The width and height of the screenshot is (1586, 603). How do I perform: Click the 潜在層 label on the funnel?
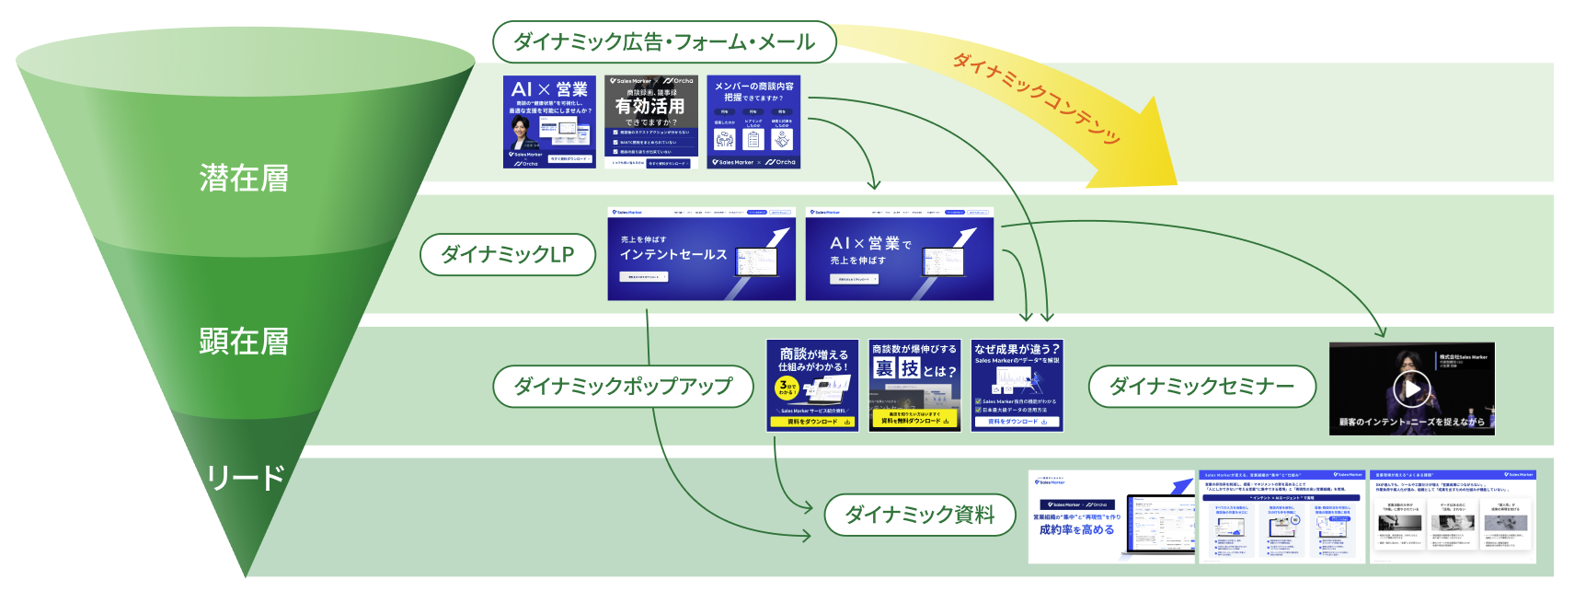pos(244,178)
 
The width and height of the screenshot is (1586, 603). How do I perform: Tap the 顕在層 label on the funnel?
pos(244,342)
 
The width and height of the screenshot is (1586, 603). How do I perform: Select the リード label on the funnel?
pos(245,478)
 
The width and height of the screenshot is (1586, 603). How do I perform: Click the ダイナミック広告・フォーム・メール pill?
pos(664,42)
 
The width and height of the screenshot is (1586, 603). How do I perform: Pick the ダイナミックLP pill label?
pos(507,254)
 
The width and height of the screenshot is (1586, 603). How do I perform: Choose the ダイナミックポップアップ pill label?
pos(623,386)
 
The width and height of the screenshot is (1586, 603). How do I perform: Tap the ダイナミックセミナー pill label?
pos(1201,386)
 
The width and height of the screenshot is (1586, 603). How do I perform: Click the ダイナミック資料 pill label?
pos(919,515)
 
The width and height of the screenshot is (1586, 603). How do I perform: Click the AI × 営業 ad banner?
pos(549,122)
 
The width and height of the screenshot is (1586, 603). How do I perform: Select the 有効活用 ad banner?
pos(650,122)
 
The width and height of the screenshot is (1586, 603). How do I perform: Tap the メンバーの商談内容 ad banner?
pos(753,122)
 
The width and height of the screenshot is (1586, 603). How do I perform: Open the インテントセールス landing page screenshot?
pos(701,254)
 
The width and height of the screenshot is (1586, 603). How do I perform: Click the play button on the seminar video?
pos(1411,388)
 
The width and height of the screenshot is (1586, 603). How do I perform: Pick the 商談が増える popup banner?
pos(812,385)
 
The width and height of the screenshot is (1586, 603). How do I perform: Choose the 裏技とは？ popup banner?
pos(914,385)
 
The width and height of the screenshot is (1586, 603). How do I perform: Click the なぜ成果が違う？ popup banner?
pos(1017,385)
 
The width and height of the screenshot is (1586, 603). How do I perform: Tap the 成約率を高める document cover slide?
pos(1111,516)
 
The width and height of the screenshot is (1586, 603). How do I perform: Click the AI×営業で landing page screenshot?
pos(899,254)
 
